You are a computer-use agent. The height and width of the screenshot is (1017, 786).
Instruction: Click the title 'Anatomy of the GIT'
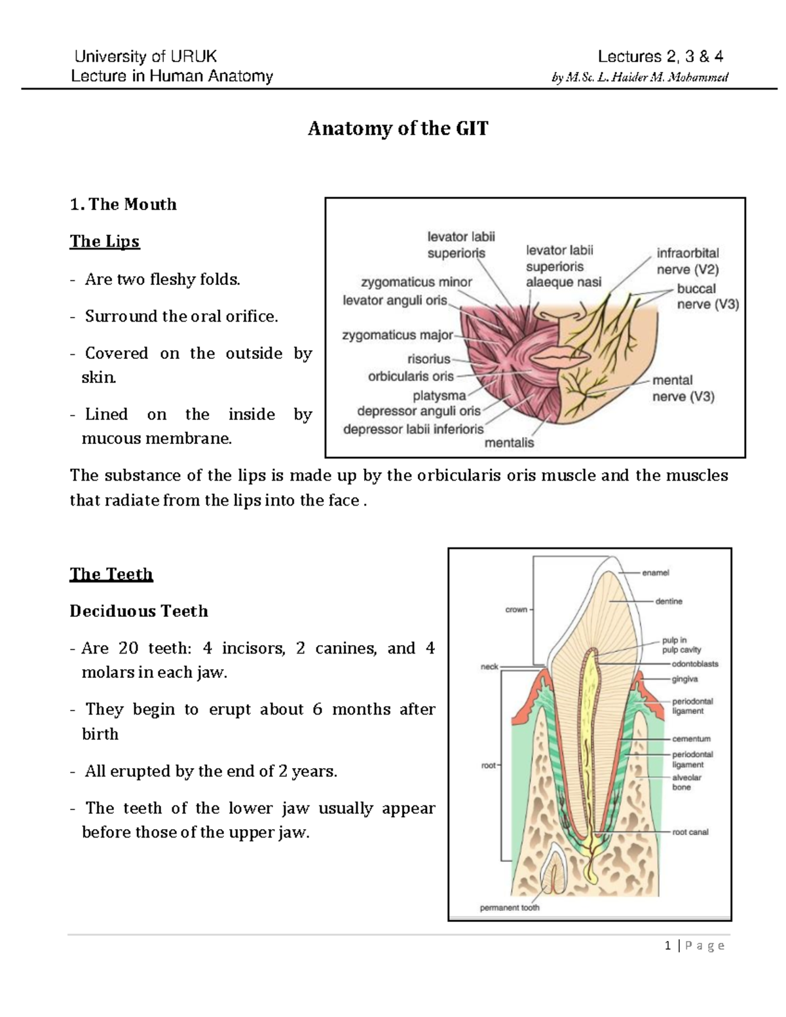(398, 128)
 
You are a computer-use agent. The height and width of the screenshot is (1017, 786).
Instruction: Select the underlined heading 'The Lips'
(105, 242)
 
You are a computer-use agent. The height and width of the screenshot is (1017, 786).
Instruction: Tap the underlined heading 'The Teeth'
(111, 574)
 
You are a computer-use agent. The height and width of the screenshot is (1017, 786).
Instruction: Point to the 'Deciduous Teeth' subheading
(139, 611)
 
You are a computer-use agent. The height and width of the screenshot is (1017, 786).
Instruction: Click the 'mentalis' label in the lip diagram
(509, 443)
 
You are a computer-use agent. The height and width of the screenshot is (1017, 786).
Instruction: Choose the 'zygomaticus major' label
(398, 335)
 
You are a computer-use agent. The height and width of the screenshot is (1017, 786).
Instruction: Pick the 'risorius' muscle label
(428, 359)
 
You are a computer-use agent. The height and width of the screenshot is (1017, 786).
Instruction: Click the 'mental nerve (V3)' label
(683, 388)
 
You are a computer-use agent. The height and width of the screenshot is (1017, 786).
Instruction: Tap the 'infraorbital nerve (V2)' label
(688, 261)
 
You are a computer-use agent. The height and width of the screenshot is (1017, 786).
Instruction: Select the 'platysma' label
(439, 396)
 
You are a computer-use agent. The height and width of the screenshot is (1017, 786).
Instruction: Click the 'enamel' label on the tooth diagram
(655, 573)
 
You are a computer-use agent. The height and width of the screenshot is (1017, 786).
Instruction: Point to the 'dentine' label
(668, 601)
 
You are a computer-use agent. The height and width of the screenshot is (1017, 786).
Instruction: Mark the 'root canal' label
(690, 832)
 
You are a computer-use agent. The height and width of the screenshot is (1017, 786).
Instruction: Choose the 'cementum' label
(691, 739)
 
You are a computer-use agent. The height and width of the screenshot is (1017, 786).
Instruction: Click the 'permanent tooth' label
(510, 908)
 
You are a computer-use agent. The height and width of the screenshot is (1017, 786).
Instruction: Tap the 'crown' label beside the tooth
(516, 610)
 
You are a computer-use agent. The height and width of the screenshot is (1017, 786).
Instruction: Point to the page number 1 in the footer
(667, 945)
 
